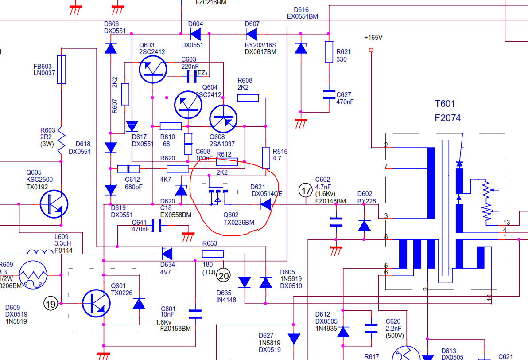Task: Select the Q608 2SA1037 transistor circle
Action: (x=223, y=119)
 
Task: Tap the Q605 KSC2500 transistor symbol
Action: (x=54, y=204)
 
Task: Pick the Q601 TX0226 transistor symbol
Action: (x=96, y=303)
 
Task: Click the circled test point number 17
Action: (x=306, y=191)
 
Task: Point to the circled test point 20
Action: (x=224, y=275)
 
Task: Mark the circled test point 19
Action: (x=51, y=304)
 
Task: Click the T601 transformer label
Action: (x=445, y=104)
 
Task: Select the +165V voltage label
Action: (x=373, y=38)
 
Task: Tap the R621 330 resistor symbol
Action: (x=329, y=52)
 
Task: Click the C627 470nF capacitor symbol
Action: (x=329, y=94)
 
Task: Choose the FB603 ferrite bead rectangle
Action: (x=62, y=70)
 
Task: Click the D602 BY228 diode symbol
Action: (x=364, y=226)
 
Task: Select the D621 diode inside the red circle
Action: (x=266, y=204)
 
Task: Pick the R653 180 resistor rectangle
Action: (x=213, y=254)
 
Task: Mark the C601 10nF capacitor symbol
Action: (x=195, y=314)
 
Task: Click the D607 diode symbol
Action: (x=252, y=34)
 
